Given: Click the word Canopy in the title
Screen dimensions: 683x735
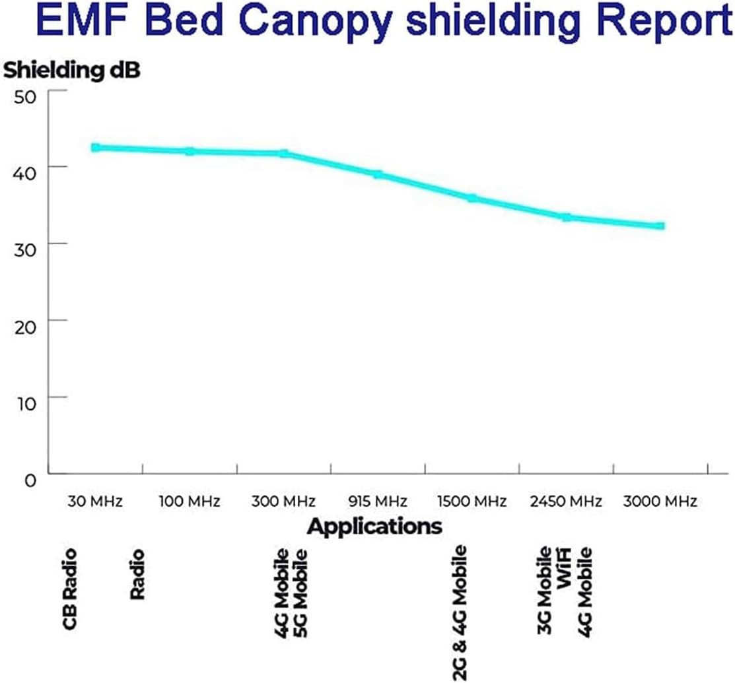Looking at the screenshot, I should click(312, 22).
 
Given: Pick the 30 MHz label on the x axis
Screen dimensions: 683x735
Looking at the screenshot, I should click(95, 502).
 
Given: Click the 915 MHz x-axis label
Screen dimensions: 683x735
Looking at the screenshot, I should click(378, 502).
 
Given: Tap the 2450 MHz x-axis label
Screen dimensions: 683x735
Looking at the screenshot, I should click(566, 502).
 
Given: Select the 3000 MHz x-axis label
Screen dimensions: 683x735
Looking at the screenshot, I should click(660, 502).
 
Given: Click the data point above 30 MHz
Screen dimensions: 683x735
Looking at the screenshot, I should click(96, 148).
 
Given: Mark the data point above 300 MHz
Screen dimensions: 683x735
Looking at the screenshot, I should click(284, 154).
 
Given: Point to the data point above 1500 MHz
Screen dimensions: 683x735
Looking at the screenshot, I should click(472, 198).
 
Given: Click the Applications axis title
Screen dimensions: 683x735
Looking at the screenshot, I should click(374, 527).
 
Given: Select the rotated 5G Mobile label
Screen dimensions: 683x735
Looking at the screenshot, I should click(301, 592).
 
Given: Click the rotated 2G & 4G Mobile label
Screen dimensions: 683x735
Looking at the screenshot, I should click(460, 612).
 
